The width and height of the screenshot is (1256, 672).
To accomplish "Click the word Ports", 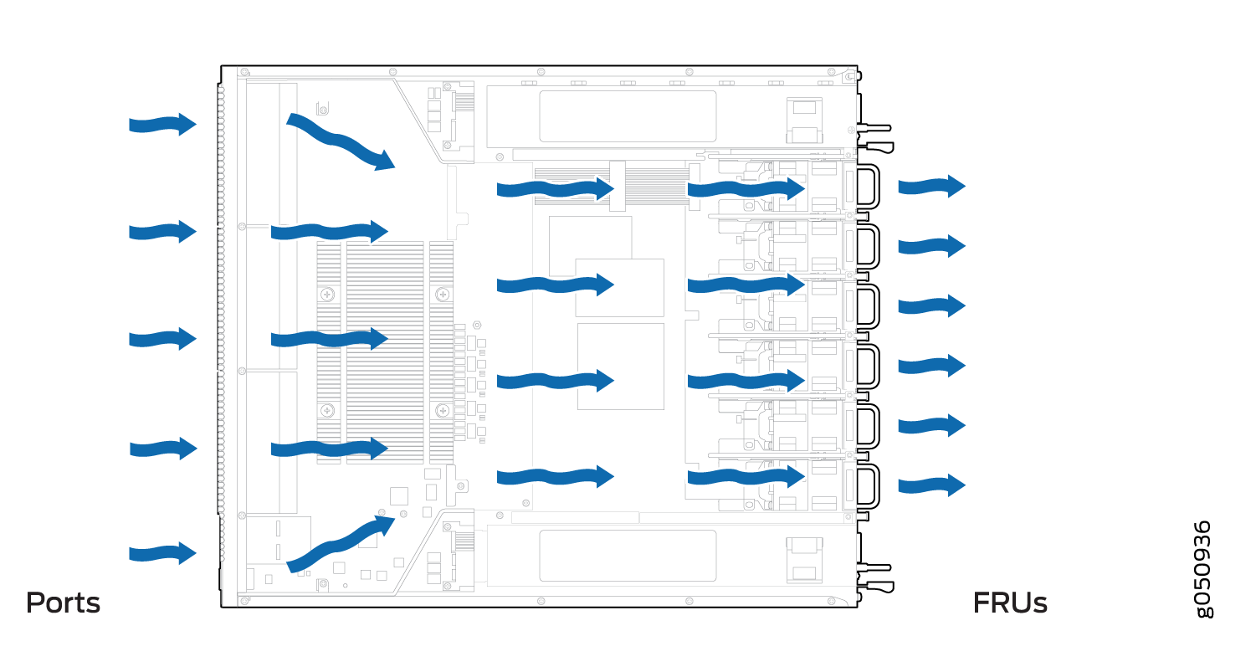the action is pos(64,603).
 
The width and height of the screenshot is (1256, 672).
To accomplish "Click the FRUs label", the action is pos(1010,603).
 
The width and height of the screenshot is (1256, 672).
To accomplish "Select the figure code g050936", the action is pos(1203,569).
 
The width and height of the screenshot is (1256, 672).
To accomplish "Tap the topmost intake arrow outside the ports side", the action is pos(162,125).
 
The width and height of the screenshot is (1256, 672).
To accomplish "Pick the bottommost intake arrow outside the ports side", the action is pos(162,554).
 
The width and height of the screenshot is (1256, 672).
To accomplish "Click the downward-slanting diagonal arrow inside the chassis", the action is pos(341,141).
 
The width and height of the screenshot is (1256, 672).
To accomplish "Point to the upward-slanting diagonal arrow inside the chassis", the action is pos(341,544).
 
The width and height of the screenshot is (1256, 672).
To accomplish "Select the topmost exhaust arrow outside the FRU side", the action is pos(932,187).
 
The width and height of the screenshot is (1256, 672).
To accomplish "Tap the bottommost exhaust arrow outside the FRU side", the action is pos(932,485).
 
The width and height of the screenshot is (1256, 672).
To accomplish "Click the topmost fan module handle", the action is pos(868,187).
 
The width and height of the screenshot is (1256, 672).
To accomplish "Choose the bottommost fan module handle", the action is pos(868,486).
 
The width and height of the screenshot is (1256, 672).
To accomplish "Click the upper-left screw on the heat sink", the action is pos(327,294).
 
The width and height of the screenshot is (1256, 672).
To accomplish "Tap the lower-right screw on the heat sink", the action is pos(443,411).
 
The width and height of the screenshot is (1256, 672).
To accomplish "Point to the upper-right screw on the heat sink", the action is pos(443,294).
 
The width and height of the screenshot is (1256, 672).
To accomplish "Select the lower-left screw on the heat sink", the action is pos(327,411).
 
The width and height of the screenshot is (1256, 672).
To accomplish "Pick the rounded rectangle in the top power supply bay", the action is pos(628,116).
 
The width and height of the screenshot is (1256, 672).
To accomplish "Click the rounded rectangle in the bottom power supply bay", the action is pos(628,556).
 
